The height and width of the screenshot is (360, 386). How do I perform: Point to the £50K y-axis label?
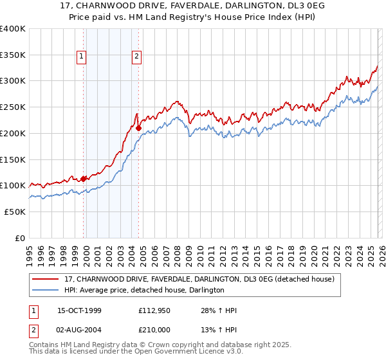click(x=14, y=212)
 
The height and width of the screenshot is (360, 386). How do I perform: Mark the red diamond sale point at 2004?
click(x=138, y=128)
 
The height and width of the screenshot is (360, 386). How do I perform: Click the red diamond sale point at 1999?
click(x=84, y=179)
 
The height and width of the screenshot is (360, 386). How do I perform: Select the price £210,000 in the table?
click(x=154, y=329)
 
